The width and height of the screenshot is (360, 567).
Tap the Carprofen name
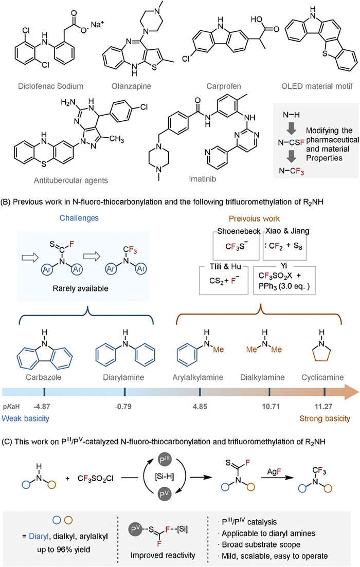pyautogui.click(x=216, y=94)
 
